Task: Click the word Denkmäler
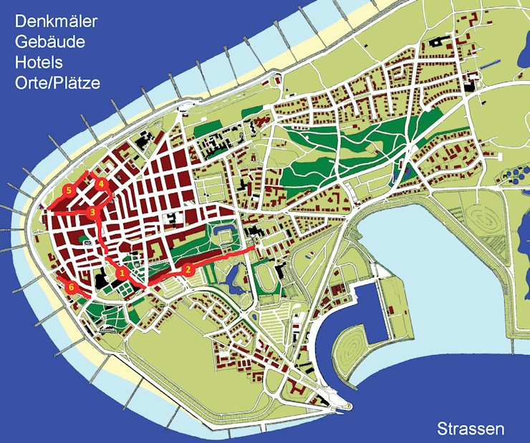(56, 21)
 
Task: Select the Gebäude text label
(49, 42)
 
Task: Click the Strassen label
(471, 429)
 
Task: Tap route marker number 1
(122, 273)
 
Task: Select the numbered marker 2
(188, 269)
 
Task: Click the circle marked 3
(92, 212)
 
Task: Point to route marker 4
(101, 184)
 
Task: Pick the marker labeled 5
(68, 190)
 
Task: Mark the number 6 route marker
(71, 287)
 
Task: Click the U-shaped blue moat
(223, 233)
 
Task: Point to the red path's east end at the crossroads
(255, 249)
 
